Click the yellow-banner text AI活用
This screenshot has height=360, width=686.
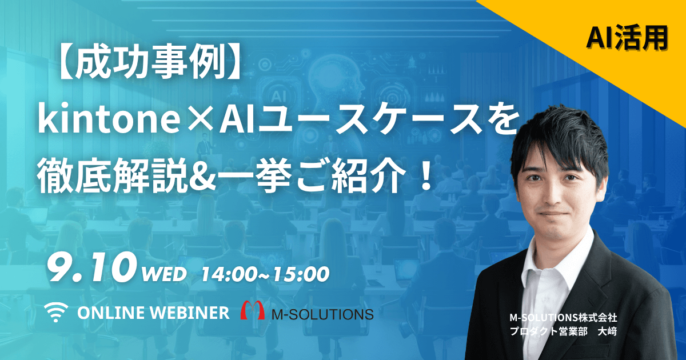[627, 38]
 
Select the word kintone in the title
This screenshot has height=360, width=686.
[108, 118]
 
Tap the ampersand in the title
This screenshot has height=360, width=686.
[200, 177]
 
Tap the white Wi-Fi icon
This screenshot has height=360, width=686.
[56, 312]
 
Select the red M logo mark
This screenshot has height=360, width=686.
[252, 310]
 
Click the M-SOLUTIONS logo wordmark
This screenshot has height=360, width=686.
[323, 314]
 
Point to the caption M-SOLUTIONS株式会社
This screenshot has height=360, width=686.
[563, 318]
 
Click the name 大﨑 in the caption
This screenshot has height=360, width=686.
[607, 331]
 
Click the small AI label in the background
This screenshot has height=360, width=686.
[278, 96]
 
